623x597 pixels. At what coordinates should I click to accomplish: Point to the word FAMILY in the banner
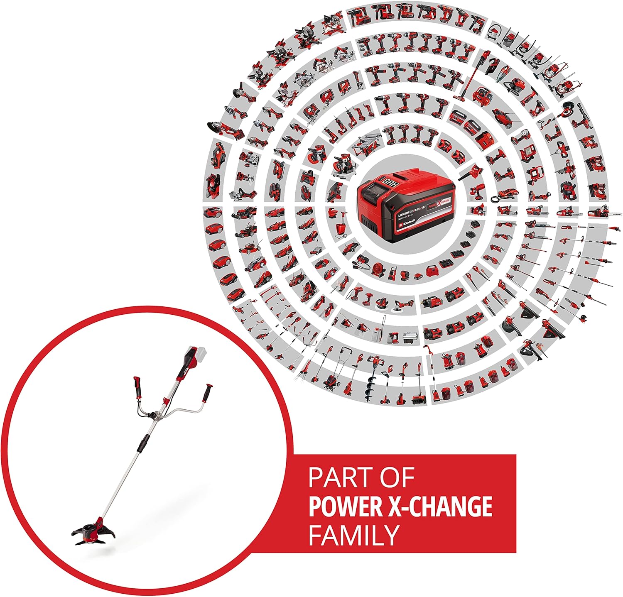(353, 535)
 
